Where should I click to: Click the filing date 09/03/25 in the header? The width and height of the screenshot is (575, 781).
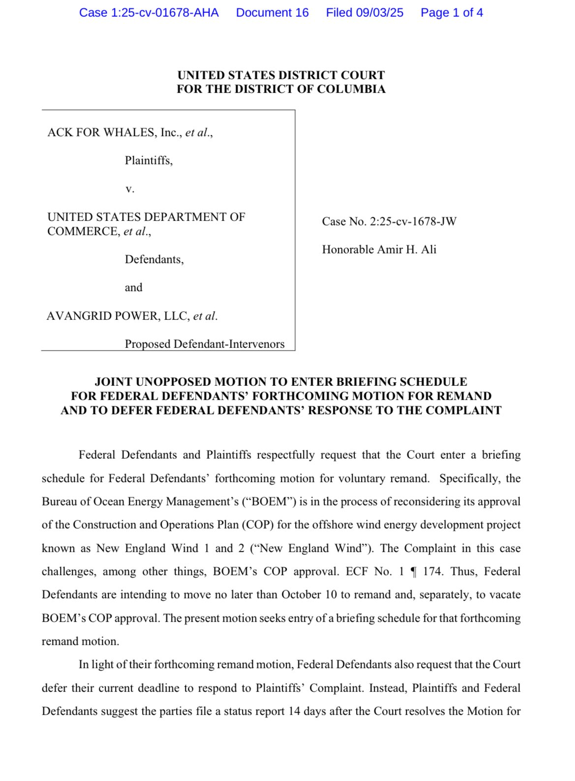pos(379,13)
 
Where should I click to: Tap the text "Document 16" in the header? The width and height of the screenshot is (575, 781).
pos(272,13)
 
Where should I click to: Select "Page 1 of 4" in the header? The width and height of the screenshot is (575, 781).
pos(452,13)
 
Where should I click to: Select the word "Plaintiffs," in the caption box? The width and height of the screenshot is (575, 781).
pos(149,160)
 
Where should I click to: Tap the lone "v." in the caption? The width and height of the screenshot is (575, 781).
pos(130,189)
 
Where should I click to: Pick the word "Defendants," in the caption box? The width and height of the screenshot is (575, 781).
pos(154,259)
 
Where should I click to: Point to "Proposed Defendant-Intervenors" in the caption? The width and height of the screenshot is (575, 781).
pos(205,344)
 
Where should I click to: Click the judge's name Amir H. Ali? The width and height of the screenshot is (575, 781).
pos(407,250)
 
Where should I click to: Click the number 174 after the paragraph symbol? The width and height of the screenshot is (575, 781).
pos(432,571)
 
